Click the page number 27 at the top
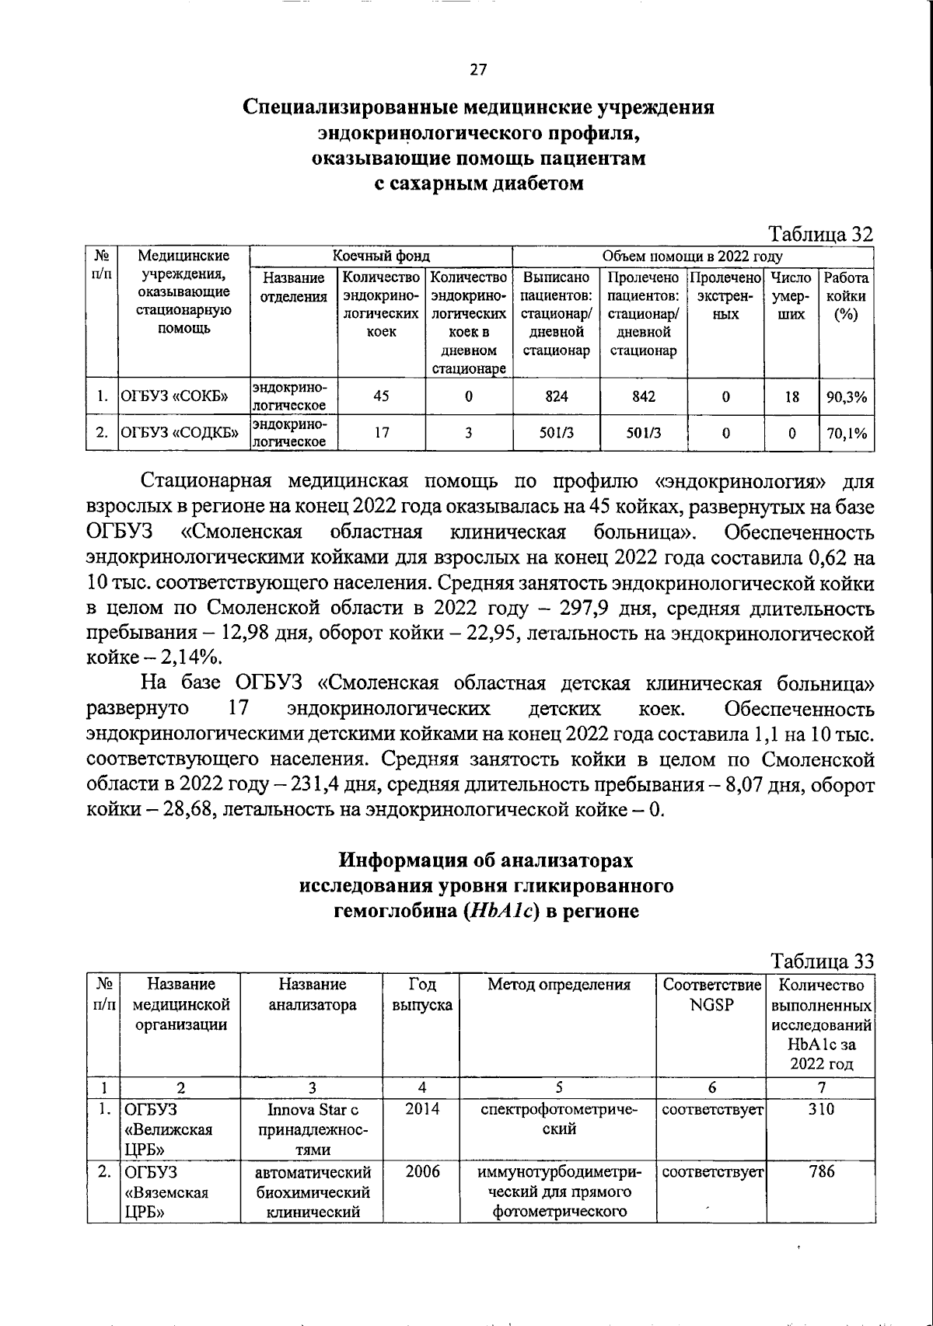click(478, 70)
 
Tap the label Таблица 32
click(821, 234)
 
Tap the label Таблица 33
click(822, 961)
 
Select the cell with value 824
click(556, 396)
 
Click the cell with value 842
click(643, 396)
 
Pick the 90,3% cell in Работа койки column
click(846, 397)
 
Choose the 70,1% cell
click(846, 434)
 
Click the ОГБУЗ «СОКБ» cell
click(173, 397)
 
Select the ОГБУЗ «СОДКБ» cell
click(178, 434)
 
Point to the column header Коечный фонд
click(381, 256)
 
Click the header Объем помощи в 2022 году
click(693, 256)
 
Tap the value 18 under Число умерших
click(791, 397)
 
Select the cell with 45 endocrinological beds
click(381, 396)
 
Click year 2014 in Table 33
click(422, 1109)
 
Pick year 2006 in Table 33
click(422, 1171)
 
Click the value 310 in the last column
click(821, 1109)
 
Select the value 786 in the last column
click(821, 1171)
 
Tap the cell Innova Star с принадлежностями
click(313, 1129)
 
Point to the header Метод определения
click(558, 985)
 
